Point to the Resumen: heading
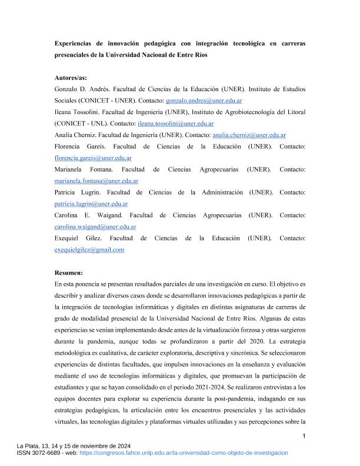[69, 272]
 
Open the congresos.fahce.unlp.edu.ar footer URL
[183, 453]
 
